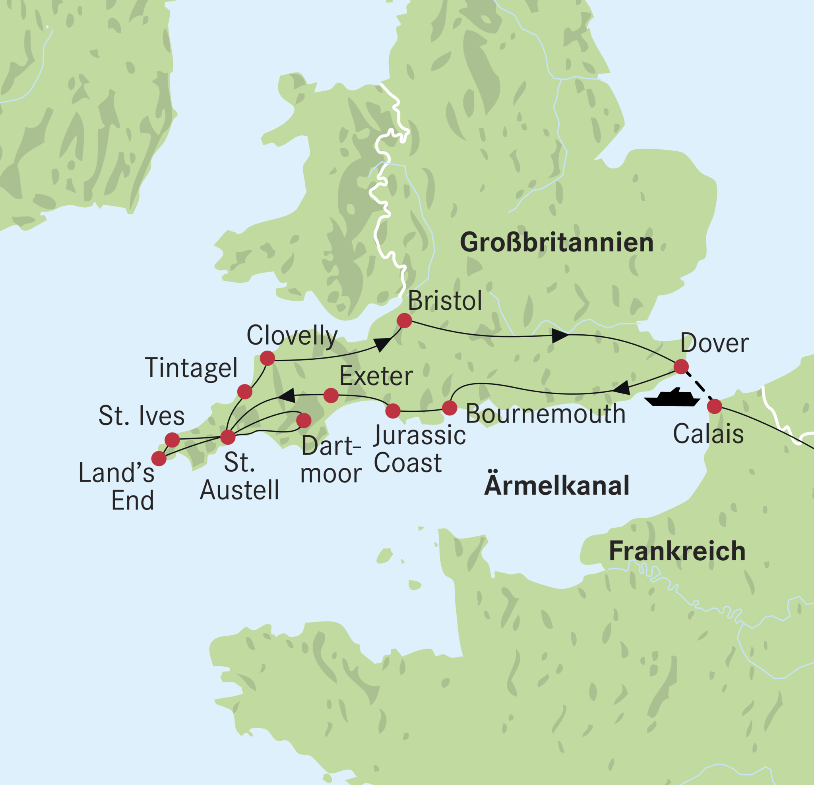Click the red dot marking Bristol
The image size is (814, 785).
point(404,320)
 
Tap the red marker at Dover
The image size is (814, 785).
point(681,366)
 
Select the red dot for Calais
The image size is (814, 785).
point(714,406)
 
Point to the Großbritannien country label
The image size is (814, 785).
point(556,243)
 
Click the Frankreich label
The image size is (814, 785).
point(677,552)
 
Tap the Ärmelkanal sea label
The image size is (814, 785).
point(556,486)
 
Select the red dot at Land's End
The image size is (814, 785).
point(159,459)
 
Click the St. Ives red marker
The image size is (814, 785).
point(172,440)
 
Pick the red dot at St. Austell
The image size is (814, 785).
point(228,437)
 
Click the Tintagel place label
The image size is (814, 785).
point(191,368)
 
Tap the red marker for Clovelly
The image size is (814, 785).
point(267,358)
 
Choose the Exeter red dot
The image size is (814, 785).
point(331,395)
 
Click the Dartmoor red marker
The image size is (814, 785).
point(304,420)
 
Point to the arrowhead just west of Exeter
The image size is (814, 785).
point(287,395)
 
